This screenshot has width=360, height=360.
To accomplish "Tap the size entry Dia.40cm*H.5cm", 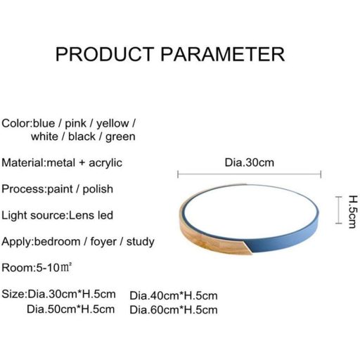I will click(x=174, y=295).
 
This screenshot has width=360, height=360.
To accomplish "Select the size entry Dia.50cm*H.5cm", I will click(x=70, y=309).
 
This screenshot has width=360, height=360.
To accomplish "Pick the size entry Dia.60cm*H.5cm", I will click(x=174, y=309).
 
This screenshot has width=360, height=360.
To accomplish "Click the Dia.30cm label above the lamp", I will click(x=249, y=163).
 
